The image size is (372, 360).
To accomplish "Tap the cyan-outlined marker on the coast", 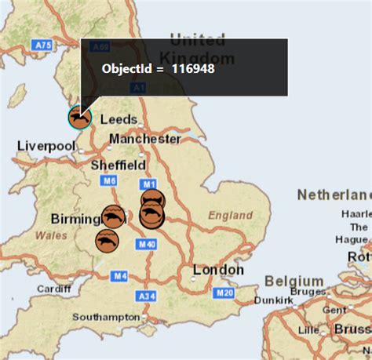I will pos(79,118).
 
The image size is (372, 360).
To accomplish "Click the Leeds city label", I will pos(119,120).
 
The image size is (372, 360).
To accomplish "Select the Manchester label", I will pos(145,139).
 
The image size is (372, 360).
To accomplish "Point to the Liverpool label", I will pos(46,146).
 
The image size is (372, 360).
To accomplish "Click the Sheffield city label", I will pos(119,165).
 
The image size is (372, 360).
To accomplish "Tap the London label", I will pos(218,270).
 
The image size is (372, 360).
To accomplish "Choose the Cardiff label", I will pos(53,289).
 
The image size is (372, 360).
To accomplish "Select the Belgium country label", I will pos(294,281).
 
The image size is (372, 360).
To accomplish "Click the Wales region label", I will pos(49,235).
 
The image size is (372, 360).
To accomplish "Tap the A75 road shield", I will pos(43,46).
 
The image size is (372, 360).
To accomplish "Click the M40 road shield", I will pos(147,245).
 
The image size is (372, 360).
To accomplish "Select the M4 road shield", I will pos(119,275).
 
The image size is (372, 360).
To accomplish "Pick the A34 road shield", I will pos(146,296).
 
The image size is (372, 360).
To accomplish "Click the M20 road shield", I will pos(225,293).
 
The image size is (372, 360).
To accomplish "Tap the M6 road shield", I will pos(108,181).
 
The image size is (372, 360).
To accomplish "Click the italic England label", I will pos(231,215).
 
